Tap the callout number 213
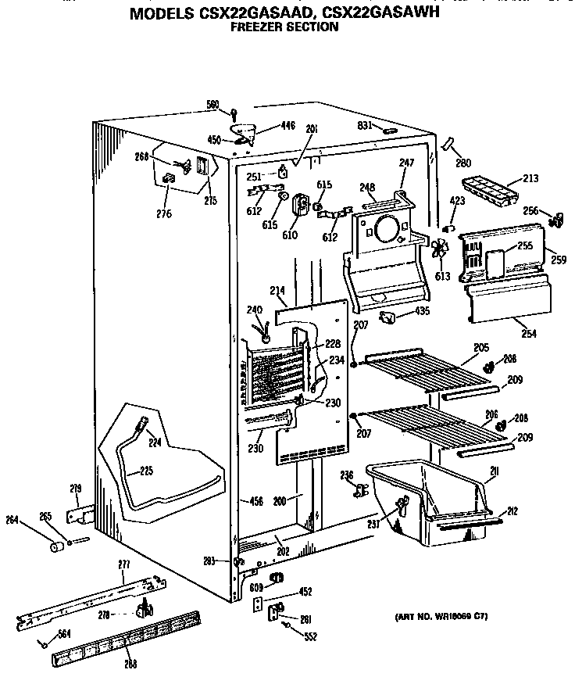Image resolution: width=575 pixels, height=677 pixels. tap(530, 178)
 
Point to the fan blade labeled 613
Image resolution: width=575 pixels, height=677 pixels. tap(441, 249)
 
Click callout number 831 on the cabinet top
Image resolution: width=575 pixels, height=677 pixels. tap(363, 125)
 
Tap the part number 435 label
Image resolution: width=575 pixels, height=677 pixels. tap(422, 310)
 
